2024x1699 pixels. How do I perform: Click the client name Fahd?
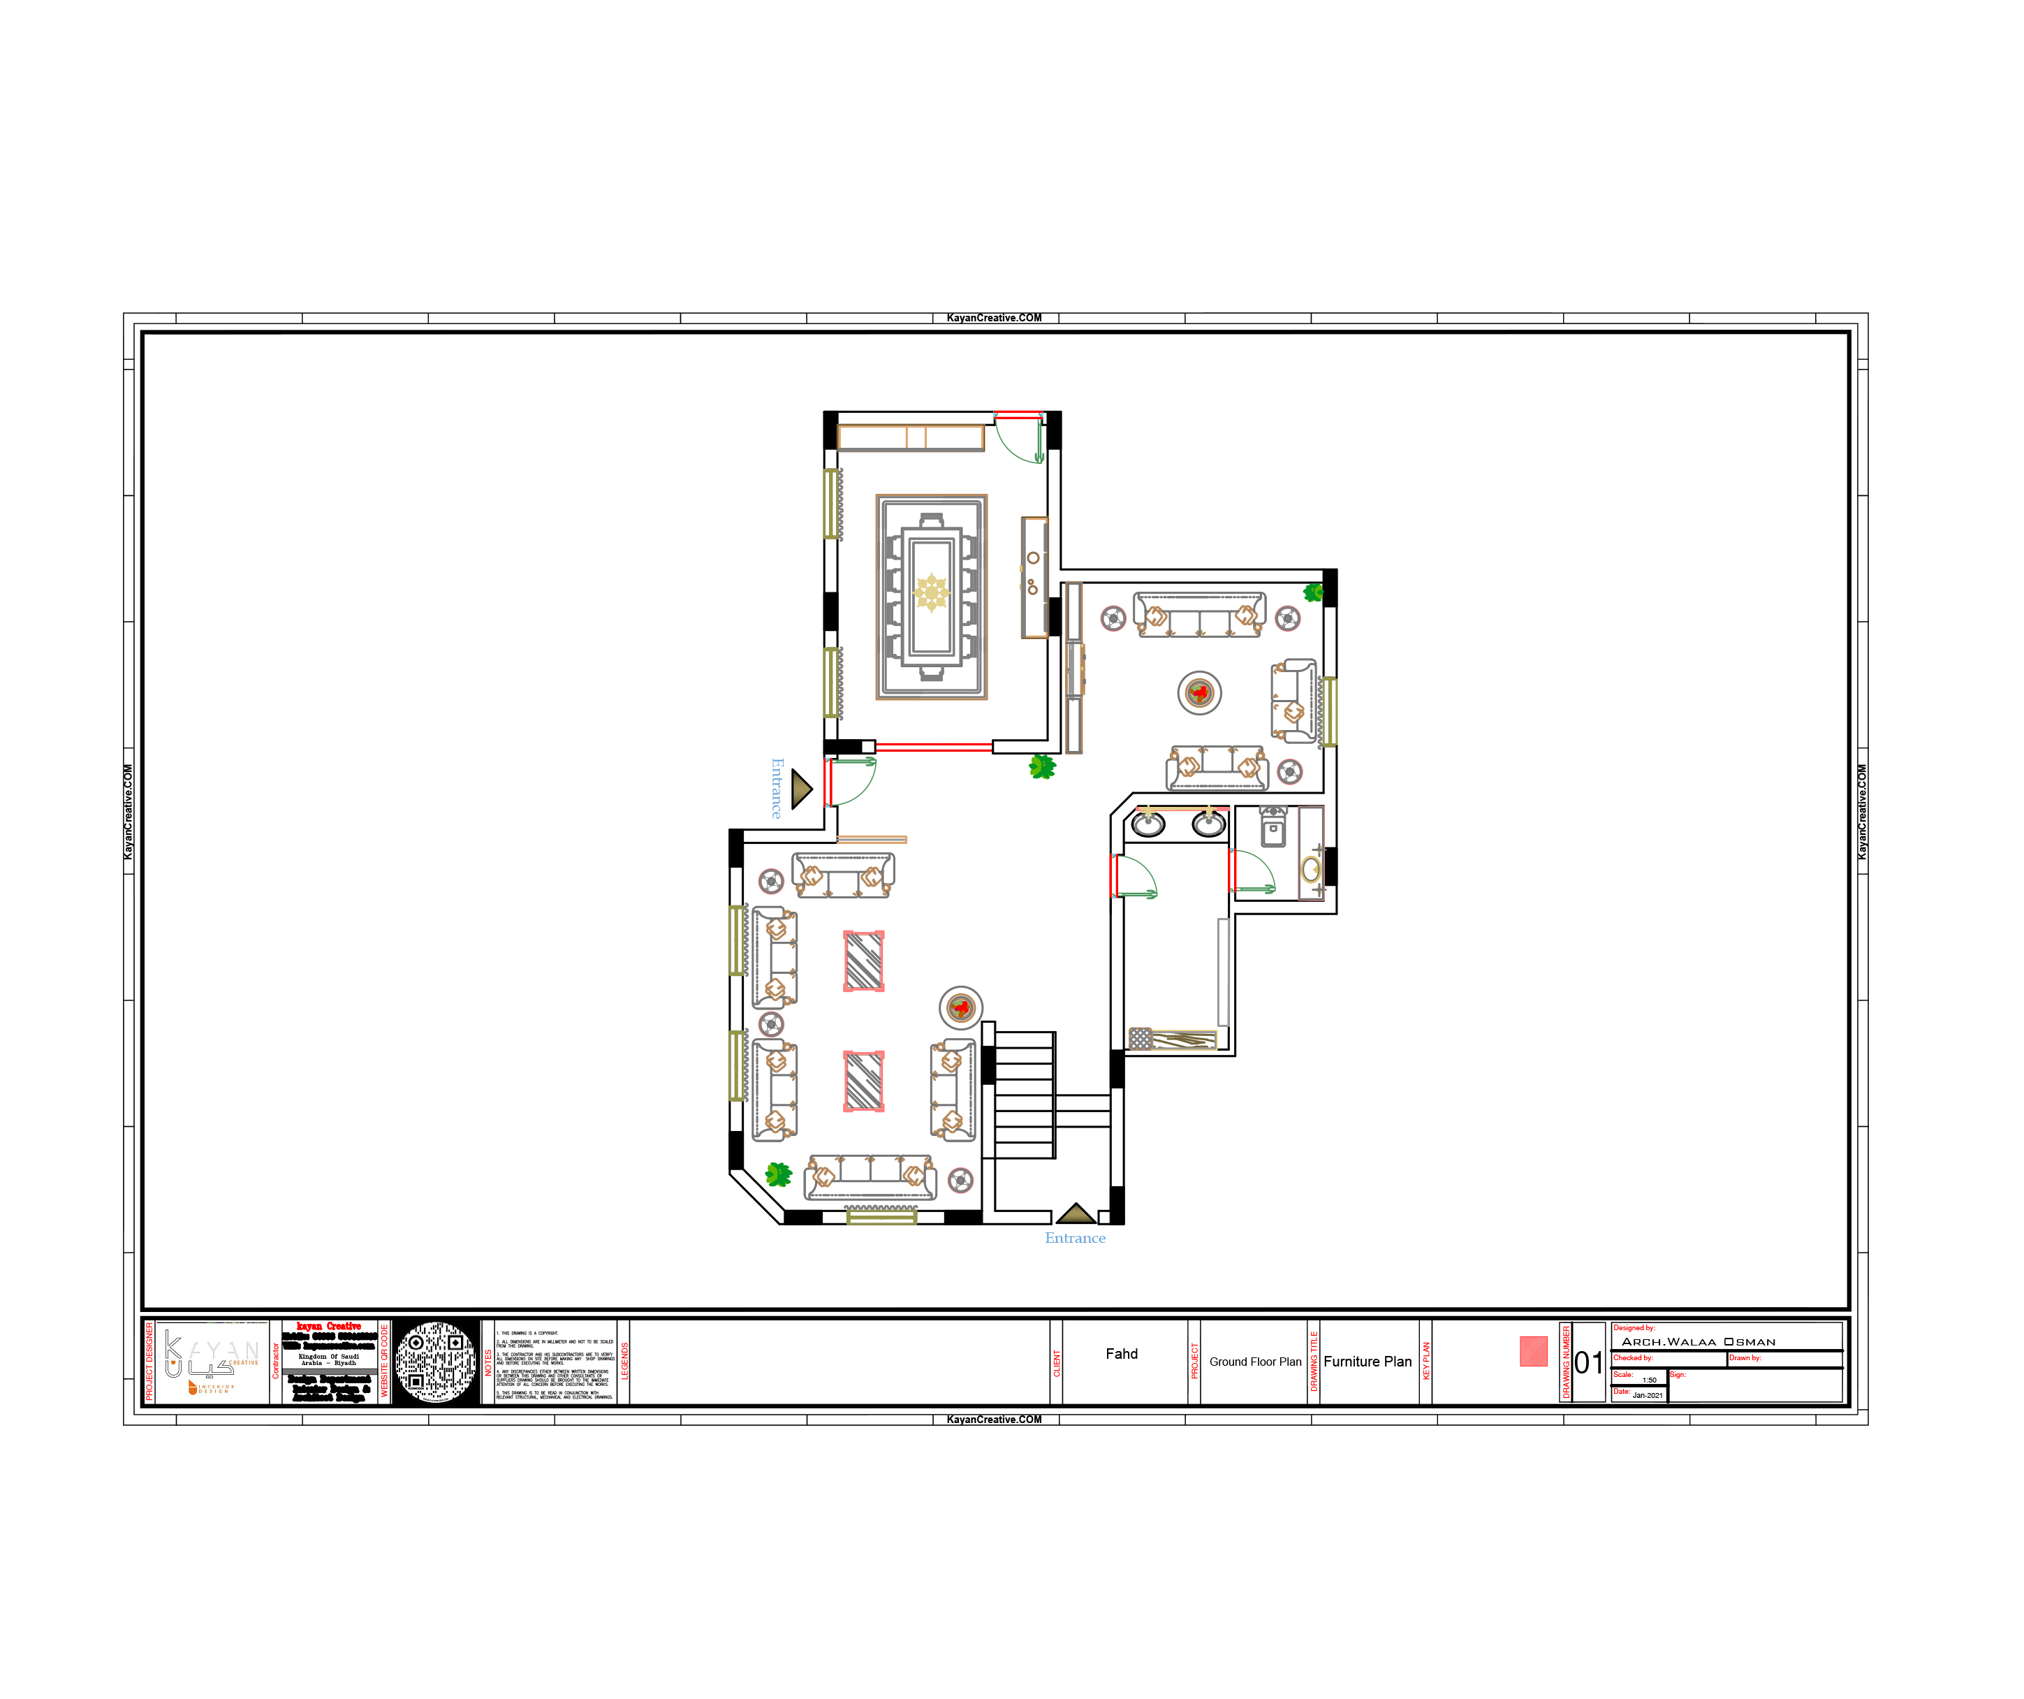1121,1354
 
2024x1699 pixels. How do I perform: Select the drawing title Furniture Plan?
1367,1362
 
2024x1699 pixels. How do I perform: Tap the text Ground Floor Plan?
1255,1362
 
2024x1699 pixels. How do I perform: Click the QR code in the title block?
436,1362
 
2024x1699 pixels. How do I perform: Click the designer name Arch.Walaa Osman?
1699,1341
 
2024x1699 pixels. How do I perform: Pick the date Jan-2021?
1647,1395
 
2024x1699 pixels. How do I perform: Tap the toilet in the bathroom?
1273,827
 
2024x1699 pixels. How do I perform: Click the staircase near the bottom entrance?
1024,1095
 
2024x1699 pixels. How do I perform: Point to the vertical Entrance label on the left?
777,788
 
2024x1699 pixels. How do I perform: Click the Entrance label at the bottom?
1075,1238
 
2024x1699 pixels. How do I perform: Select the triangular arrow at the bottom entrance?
1076,1214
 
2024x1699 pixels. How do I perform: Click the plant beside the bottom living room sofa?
778,1174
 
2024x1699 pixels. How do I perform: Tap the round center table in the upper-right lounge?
1199,692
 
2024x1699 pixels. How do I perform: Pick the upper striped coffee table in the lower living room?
863,961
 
